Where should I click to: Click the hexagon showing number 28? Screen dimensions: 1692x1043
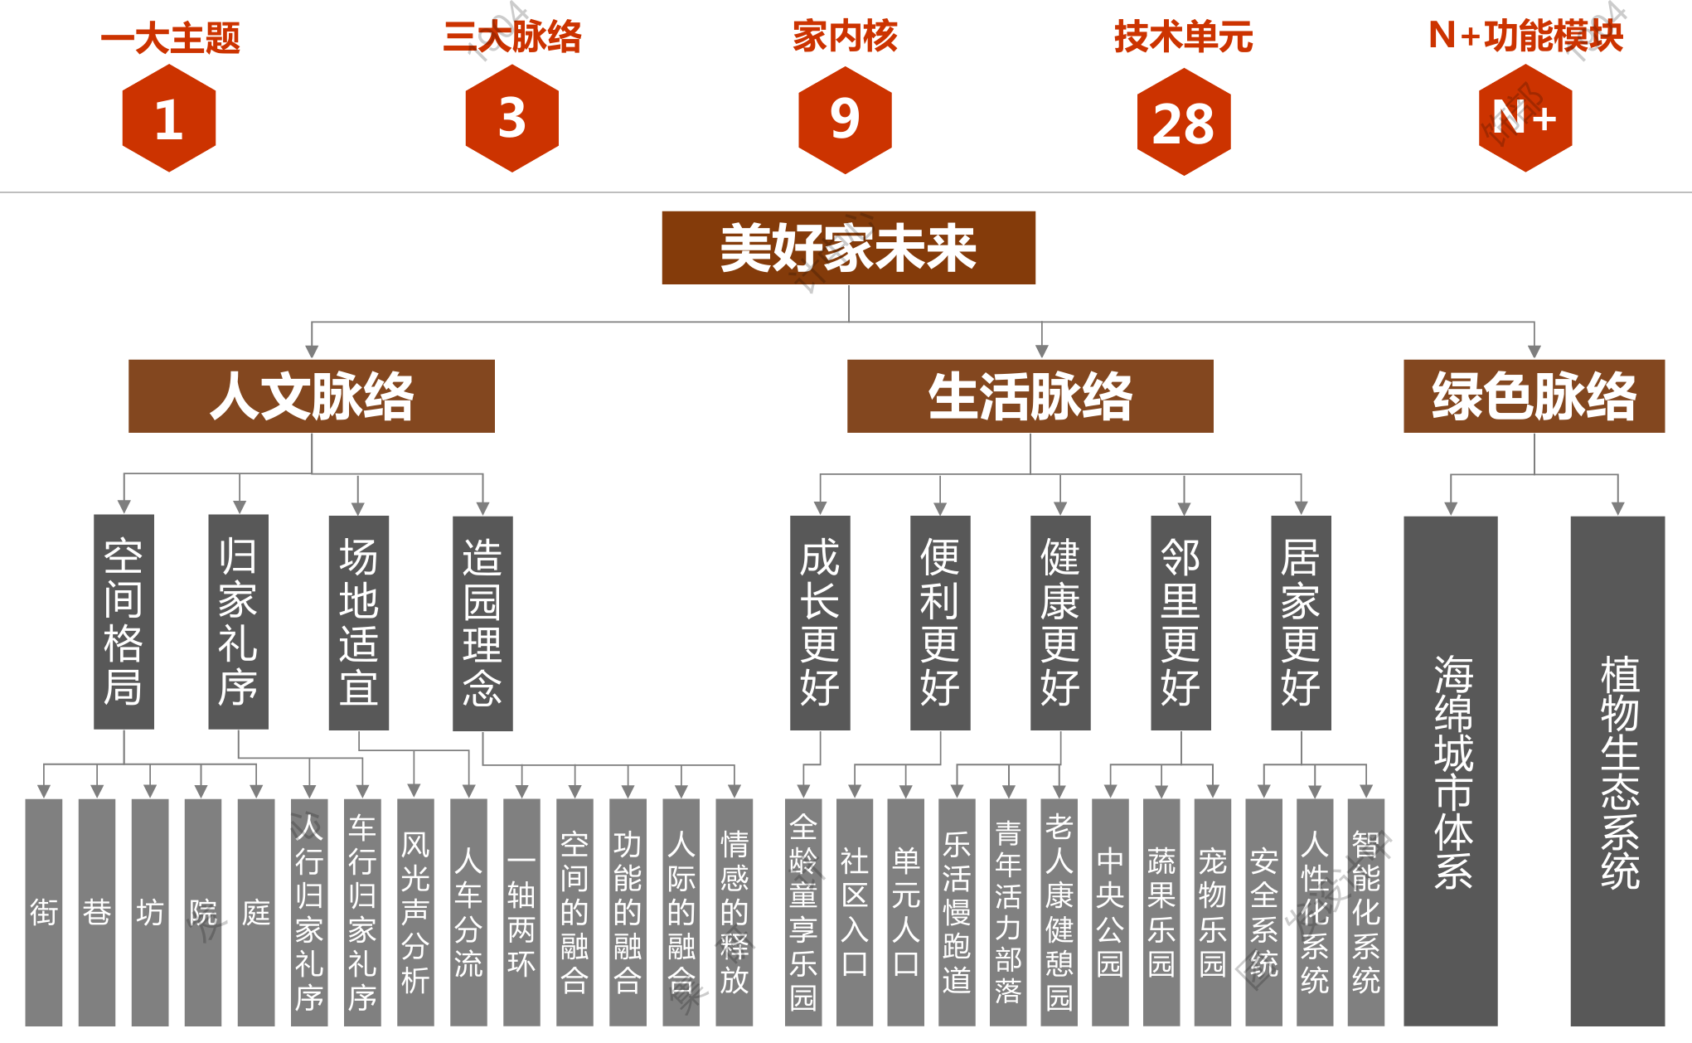click(1183, 122)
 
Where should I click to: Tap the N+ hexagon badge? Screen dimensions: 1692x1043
click(1525, 119)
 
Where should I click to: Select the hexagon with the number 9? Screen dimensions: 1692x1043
click(845, 119)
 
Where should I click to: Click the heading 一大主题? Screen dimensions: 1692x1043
click(170, 38)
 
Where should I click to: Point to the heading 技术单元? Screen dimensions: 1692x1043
click(1183, 36)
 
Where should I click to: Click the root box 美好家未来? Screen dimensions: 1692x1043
click(848, 248)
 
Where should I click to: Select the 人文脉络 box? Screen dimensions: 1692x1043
click(312, 396)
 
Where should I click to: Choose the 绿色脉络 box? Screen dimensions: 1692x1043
click(1534, 396)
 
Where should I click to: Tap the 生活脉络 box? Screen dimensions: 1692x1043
click(1030, 396)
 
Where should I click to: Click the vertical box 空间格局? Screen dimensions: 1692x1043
click(124, 622)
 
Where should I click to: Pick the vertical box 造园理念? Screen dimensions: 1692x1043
click(482, 623)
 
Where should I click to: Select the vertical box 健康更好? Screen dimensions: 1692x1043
click(1060, 623)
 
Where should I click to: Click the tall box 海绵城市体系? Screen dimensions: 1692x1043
click(1451, 771)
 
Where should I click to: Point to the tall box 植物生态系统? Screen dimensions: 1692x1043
click(1617, 771)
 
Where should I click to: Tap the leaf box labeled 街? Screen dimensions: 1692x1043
click(44, 912)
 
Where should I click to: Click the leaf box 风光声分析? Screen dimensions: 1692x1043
click(415, 912)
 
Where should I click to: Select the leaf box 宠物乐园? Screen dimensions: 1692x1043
click(1213, 912)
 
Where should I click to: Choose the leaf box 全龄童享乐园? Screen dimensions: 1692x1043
click(803, 912)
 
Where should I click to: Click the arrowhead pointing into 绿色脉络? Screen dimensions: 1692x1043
click(1534, 352)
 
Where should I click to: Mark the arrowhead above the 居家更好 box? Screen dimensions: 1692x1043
click(1302, 508)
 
